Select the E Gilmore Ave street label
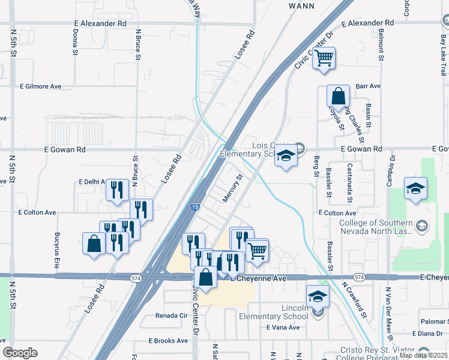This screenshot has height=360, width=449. [x=40, y=86]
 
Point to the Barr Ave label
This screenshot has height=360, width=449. [x=368, y=86]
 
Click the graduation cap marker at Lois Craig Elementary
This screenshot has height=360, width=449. [x=286, y=156]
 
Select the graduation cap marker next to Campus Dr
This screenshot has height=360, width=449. [x=415, y=188]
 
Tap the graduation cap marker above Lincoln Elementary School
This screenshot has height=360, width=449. [x=317, y=296]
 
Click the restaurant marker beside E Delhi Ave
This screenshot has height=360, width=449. [x=117, y=190]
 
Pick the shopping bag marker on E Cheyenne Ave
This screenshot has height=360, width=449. [x=205, y=277]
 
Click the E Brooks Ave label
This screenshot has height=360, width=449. [x=168, y=341]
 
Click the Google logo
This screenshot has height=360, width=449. [x=20, y=353]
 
